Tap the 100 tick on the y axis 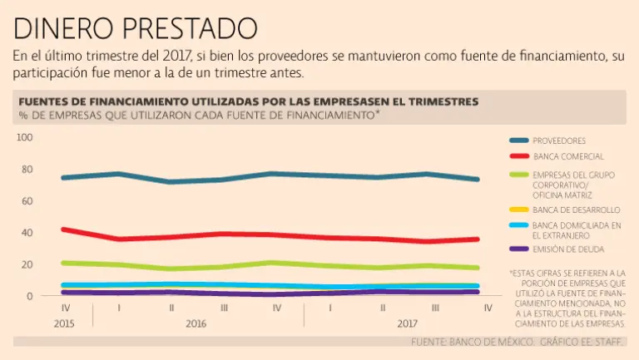coord(24,137)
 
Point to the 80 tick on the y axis coord(27,170)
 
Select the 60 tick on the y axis coord(27,201)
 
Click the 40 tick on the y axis coord(27,233)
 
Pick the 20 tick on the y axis coord(27,264)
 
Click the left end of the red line coord(64,229)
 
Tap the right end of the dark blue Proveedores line coord(478,179)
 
